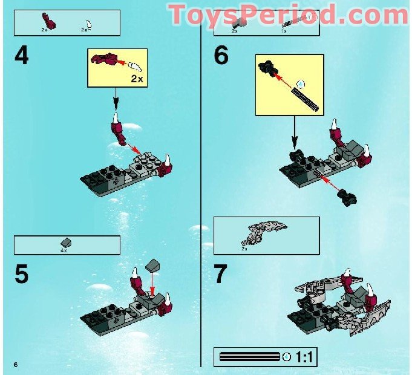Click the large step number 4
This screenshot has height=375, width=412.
point(22,56)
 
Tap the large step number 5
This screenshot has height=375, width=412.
point(22,273)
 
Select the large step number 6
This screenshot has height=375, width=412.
point(221,56)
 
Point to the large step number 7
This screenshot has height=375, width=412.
point(222,273)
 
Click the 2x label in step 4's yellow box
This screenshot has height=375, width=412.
point(138,78)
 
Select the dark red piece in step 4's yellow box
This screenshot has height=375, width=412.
point(105,59)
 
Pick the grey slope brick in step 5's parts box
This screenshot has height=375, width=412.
point(66,242)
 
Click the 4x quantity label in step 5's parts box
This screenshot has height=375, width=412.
point(64,250)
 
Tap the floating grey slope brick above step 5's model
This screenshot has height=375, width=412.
point(153,265)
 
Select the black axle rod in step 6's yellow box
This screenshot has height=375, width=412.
point(306,97)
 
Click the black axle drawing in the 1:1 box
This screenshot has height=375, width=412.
point(250,356)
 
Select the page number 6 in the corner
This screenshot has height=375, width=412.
point(16,363)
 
